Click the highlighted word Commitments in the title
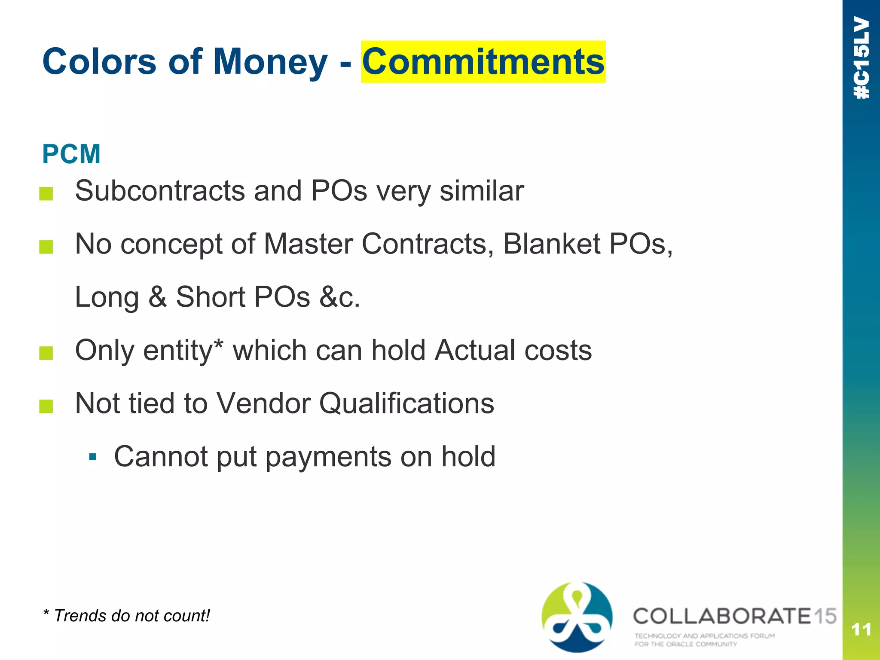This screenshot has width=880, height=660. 483,62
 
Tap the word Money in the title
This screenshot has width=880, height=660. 270,62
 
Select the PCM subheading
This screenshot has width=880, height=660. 71,154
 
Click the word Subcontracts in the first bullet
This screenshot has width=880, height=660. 160,191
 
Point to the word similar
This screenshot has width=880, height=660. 482,191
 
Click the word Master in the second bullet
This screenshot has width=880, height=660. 308,244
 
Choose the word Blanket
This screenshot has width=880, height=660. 551,244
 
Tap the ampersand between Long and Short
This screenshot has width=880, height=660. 157,296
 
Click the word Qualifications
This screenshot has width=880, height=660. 407,403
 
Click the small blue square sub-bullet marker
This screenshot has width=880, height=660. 92,456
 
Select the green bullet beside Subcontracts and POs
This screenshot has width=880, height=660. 46,194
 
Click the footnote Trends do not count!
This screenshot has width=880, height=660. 127,616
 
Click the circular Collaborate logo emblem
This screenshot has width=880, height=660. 577,617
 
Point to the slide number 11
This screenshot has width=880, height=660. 861,630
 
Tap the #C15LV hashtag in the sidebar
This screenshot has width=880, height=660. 862,58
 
